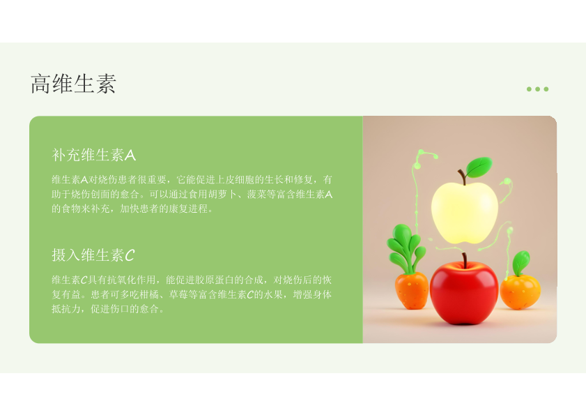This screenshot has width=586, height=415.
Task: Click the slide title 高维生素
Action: click(x=73, y=84)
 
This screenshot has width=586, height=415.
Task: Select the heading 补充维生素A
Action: click(x=94, y=155)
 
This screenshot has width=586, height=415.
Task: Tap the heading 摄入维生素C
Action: click(x=93, y=255)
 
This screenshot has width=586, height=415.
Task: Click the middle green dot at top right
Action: click(x=537, y=89)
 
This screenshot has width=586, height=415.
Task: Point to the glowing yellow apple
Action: click(x=465, y=212)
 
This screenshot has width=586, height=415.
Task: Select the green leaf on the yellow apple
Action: click(x=479, y=167)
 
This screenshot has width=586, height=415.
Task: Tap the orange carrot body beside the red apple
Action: click(x=412, y=291)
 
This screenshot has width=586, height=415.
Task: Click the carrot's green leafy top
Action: click(x=406, y=248)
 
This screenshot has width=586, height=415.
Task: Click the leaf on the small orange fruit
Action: click(x=521, y=263)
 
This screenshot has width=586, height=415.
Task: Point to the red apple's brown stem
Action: click(x=465, y=260)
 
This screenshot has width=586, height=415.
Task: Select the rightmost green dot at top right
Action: click(x=546, y=89)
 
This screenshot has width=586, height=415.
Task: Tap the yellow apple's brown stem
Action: click(x=462, y=177)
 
